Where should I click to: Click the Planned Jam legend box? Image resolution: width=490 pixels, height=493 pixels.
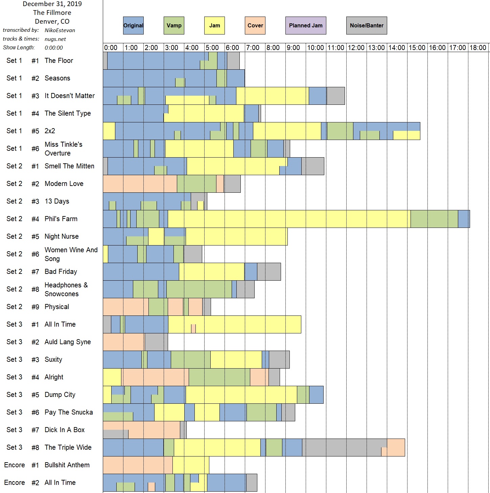[x=306, y=25]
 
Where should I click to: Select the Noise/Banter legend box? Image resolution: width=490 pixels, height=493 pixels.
[x=367, y=25]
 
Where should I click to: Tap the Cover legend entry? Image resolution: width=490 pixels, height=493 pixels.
[x=255, y=25]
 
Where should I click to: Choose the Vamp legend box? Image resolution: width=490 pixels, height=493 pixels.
[x=174, y=25]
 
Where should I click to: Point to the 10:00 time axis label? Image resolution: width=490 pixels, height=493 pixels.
[x=316, y=48]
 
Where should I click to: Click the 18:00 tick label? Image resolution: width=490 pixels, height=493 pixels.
[x=478, y=48]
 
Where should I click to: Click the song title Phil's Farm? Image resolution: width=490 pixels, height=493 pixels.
[x=61, y=219]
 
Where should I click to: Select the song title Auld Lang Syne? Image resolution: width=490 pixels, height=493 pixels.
[x=68, y=342]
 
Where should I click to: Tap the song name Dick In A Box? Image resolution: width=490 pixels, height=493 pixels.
[x=65, y=430]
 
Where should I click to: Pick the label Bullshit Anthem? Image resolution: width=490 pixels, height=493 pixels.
[x=67, y=465]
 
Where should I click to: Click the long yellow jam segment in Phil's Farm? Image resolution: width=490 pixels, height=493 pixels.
[x=289, y=219]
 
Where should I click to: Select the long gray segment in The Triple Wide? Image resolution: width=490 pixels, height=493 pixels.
[x=344, y=447]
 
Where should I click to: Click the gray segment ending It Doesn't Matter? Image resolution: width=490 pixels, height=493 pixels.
[x=335, y=96]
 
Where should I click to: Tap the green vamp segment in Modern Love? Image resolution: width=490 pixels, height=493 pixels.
[x=196, y=184]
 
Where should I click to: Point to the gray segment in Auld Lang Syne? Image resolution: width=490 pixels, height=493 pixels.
[x=156, y=342]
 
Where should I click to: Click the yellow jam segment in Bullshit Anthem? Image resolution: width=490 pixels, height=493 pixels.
[x=191, y=465]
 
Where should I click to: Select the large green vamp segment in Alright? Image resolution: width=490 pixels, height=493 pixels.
[x=219, y=377]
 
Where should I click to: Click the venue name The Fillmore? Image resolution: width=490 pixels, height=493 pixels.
[x=52, y=13]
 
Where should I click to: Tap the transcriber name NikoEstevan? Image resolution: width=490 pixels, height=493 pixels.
[x=60, y=30]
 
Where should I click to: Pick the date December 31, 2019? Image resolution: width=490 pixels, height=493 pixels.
[x=52, y=4]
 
